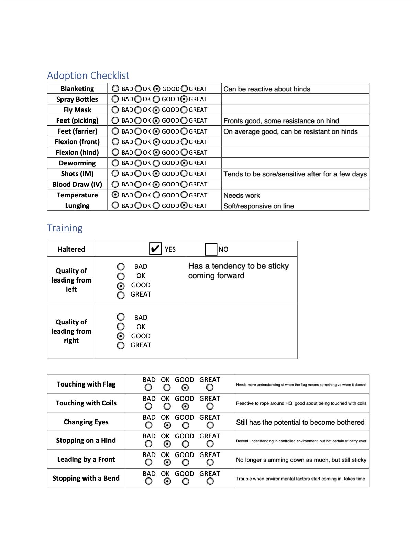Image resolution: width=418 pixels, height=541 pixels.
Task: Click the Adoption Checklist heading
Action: pyautogui.click(x=88, y=76)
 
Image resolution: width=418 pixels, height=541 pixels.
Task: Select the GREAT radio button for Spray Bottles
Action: pyautogui.click(x=184, y=99)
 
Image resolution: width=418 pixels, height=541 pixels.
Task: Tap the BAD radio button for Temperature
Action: pyautogui.click(x=115, y=195)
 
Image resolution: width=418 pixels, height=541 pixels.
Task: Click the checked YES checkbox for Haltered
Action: pyautogui.click(x=155, y=249)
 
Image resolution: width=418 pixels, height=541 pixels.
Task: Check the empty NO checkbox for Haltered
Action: pyautogui.click(x=211, y=249)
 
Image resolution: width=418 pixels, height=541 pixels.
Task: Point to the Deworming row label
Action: pyautogui.click(x=77, y=163)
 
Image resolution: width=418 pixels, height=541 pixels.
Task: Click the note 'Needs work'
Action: pyautogui.click(x=242, y=195)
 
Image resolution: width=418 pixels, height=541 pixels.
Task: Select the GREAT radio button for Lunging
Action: pyautogui.click(x=184, y=205)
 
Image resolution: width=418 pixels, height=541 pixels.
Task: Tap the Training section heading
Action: pyautogui.click(x=65, y=228)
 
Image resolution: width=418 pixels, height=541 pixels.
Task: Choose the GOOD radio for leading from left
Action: pyautogui.click(x=121, y=286)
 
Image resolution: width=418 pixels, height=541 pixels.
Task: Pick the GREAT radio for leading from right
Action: pyautogui.click(x=121, y=345)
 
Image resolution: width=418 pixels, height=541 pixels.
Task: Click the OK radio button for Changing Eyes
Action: pyautogui.click(x=167, y=425)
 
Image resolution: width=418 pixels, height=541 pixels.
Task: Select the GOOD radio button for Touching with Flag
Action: pyautogui.click(x=185, y=388)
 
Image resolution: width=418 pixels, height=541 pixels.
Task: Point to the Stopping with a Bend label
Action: pyautogui.click(x=86, y=478)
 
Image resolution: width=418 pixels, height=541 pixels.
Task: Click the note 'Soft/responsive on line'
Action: pyautogui.click(x=258, y=206)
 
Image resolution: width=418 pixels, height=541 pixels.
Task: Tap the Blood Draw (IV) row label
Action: pyautogui.click(x=77, y=184)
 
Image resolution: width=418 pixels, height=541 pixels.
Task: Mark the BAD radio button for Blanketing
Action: pyautogui.click(x=115, y=89)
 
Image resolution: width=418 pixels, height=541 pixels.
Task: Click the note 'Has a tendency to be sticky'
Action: pyautogui.click(x=239, y=266)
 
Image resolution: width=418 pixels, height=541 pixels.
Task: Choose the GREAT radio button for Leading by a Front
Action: pyautogui.click(x=210, y=462)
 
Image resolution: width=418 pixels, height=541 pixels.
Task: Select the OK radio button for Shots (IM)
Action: pyautogui.click(x=138, y=174)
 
